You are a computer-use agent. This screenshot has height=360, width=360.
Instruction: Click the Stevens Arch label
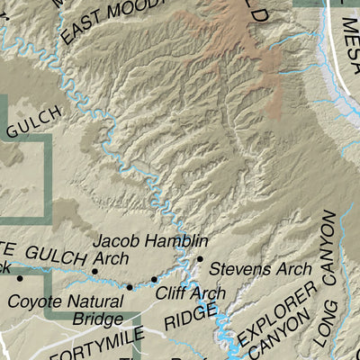261,269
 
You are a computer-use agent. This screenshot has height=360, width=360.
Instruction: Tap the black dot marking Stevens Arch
200,258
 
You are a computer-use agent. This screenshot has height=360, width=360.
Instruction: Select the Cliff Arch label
190,292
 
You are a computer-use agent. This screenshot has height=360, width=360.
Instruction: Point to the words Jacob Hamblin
150,241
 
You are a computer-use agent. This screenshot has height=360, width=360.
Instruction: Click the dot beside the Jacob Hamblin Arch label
94,271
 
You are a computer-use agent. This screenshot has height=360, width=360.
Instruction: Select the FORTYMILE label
99,346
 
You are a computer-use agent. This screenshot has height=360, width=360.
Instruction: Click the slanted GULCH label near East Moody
36,121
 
